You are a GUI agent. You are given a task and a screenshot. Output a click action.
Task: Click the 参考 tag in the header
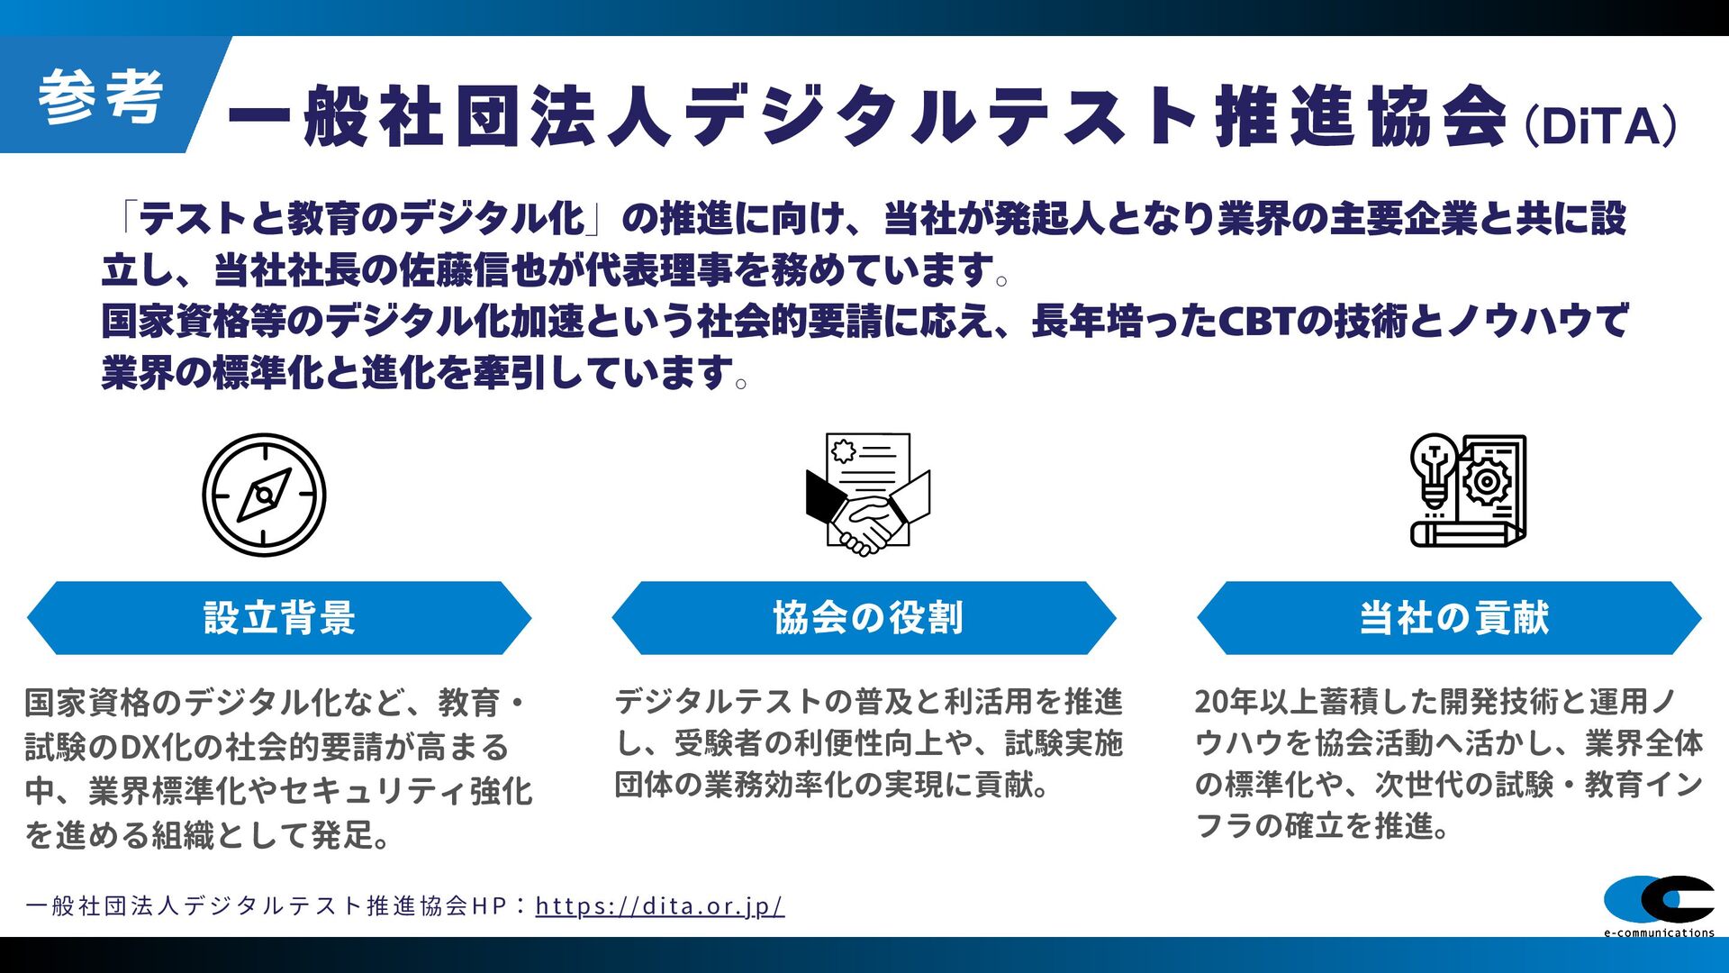point(100,95)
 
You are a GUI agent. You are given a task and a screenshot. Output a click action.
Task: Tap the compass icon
point(264,495)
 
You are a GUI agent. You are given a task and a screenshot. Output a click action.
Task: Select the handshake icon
point(867,495)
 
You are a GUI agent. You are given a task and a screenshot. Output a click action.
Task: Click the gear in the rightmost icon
point(1487,482)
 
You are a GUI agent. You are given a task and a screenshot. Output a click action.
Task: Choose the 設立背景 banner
point(279,618)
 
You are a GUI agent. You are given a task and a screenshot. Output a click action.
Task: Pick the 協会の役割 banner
point(864,618)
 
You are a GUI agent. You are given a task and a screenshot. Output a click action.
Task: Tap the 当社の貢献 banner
point(1449,618)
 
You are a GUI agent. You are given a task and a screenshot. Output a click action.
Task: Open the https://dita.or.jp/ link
point(660,905)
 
